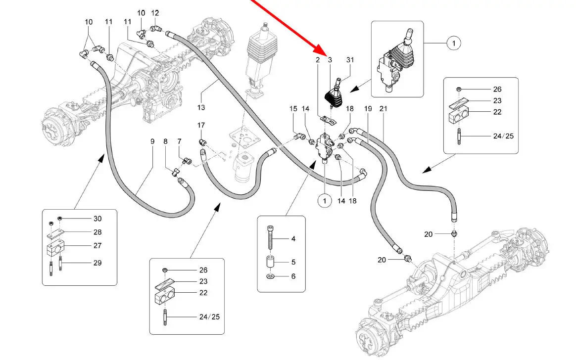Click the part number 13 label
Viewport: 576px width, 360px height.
201,107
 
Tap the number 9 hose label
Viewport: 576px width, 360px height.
152,141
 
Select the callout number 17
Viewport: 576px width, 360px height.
201,125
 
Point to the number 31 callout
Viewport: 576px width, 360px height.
350,60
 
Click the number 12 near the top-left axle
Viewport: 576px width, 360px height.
155,13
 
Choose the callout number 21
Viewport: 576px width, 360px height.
383,108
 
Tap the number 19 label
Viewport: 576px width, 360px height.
368,108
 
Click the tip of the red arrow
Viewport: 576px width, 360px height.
327,53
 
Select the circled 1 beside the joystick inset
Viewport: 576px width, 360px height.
453,44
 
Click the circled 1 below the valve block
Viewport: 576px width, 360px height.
325,201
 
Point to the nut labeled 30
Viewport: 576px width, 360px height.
60,219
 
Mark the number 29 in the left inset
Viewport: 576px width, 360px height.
97,263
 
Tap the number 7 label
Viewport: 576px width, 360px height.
179,141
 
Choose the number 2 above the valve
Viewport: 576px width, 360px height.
318,60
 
